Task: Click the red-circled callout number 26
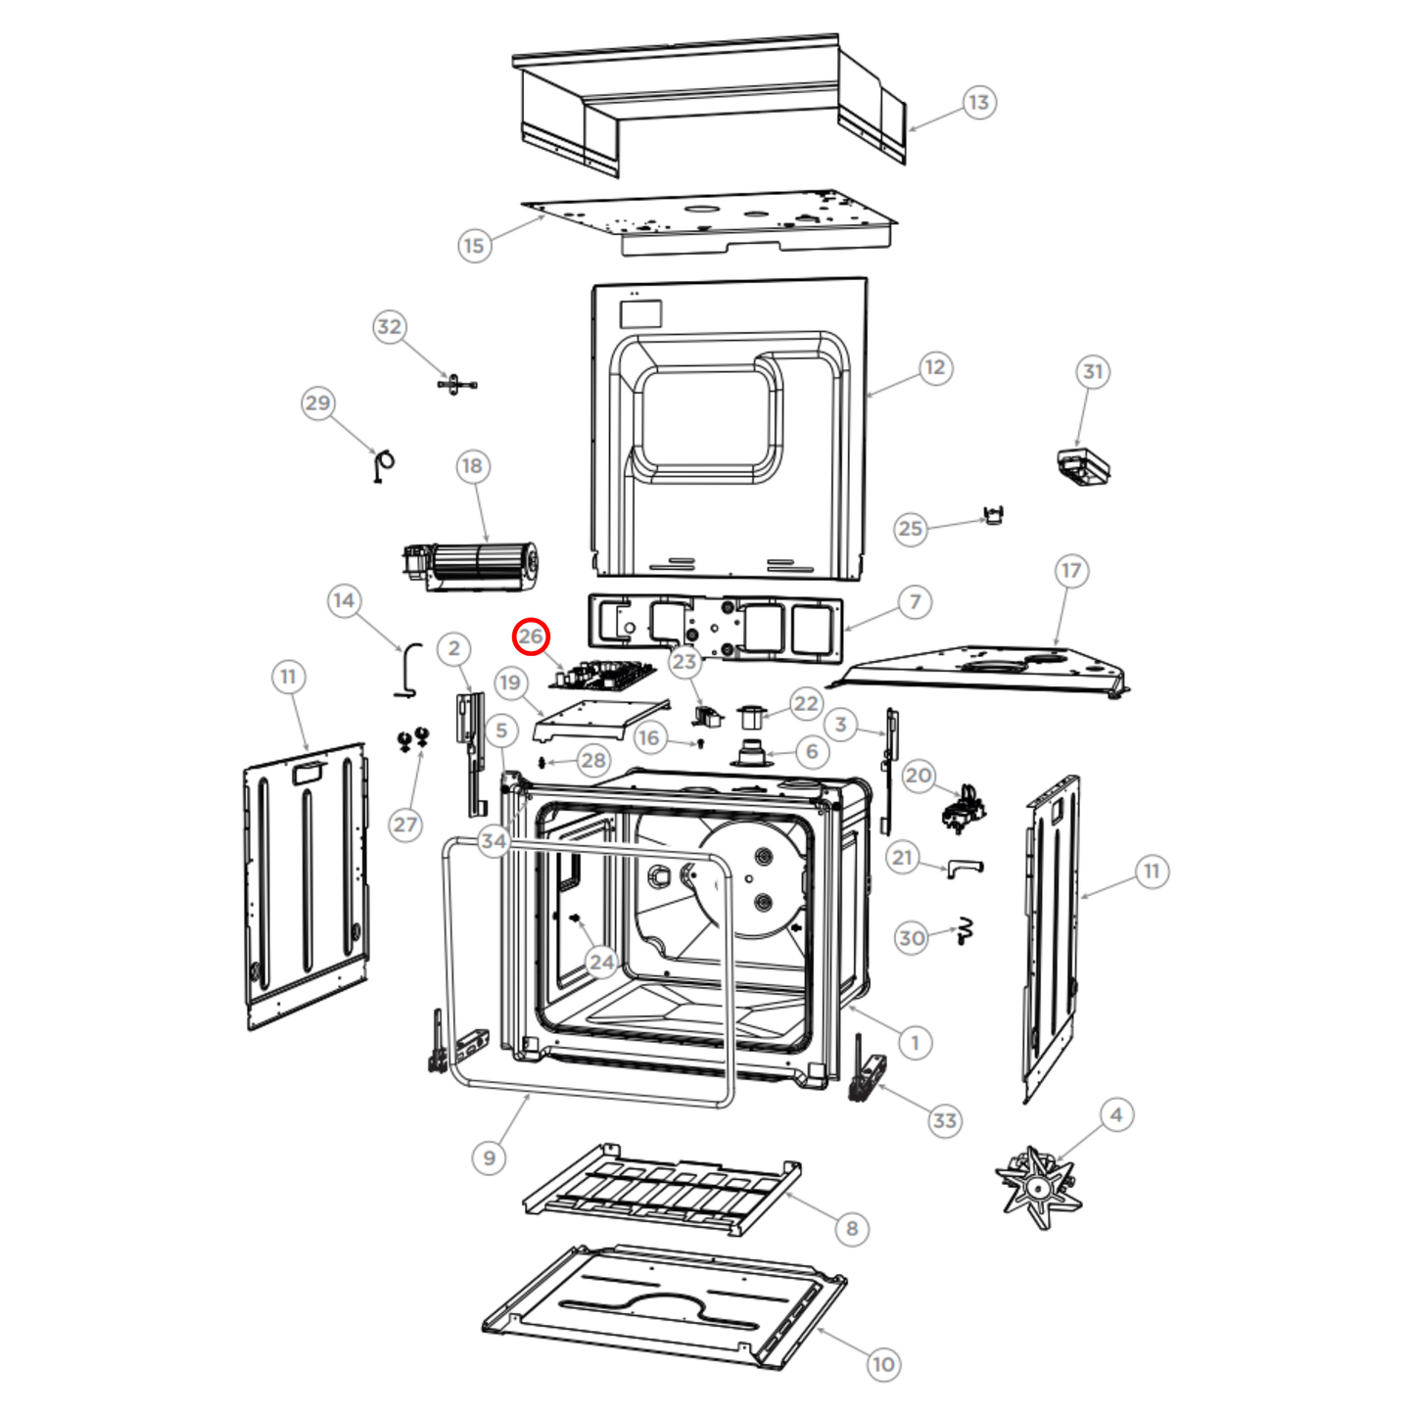pyautogui.click(x=531, y=637)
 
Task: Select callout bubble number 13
pyautogui.click(x=979, y=102)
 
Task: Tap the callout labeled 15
pyautogui.click(x=474, y=245)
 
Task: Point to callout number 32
pyautogui.click(x=389, y=327)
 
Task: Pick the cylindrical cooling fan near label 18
pyautogui.click(x=470, y=567)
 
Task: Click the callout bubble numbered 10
pyautogui.click(x=883, y=1364)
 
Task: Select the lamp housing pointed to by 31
pyautogui.click(x=1083, y=467)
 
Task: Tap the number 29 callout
pyautogui.click(x=318, y=402)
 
